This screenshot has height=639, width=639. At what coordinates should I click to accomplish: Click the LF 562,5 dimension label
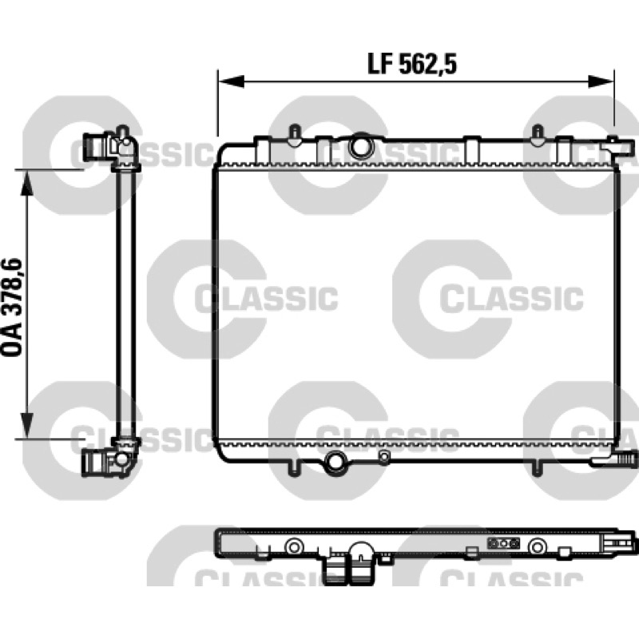point(412,65)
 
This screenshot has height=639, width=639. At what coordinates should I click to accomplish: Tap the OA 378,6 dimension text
point(12,308)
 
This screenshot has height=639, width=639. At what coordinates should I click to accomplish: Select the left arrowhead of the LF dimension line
point(231,81)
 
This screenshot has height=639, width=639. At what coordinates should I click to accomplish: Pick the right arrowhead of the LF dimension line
point(601,81)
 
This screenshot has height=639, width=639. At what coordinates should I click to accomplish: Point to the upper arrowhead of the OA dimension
point(27,184)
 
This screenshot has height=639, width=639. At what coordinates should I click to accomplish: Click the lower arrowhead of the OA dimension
point(27,425)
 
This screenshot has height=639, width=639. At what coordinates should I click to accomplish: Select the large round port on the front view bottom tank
point(335,462)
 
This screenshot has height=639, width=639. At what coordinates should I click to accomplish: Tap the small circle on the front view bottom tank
point(383,456)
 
